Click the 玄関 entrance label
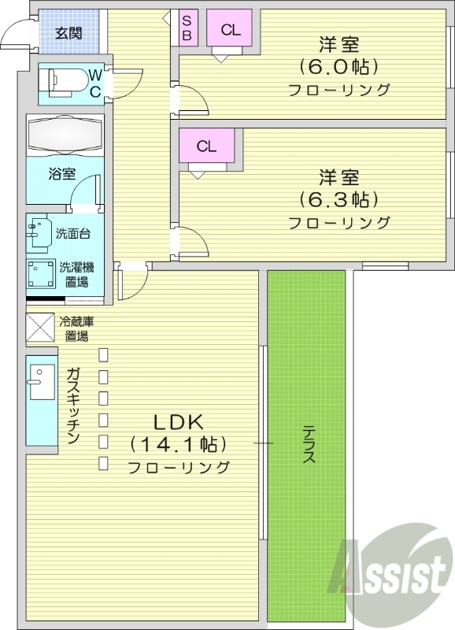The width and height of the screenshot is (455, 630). pyautogui.click(x=68, y=33)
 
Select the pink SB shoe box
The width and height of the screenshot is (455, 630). pyautogui.click(x=187, y=28)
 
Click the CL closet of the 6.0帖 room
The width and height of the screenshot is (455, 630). pyautogui.click(x=230, y=30)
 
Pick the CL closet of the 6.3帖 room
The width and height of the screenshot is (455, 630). pyautogui.click(x=206, y=146)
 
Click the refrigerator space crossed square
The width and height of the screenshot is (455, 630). pyautogui.click(x=41, y=329)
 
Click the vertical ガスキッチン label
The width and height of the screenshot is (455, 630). pyautogui.click(x=72, y=406)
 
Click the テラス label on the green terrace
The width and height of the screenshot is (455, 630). pyautogui.click(x=309, y=445)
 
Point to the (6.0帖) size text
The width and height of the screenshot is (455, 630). pyautogui.click(x=338, y=65)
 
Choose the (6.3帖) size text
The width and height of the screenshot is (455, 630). pyautogui.click(x=338, y=198)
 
